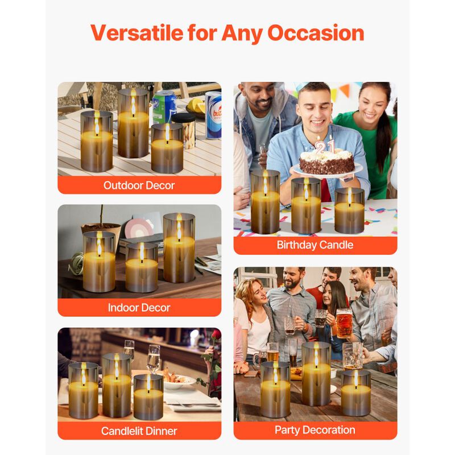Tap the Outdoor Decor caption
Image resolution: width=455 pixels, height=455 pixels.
coord(139,185)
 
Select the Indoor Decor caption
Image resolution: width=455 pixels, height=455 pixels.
coord(139,308)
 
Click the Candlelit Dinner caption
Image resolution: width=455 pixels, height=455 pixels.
coord(139,431)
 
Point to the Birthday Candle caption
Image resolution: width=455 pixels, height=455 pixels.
coord(315,245)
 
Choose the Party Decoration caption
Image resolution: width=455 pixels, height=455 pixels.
coord(315,430)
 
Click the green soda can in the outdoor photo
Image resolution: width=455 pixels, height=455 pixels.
coord(164,106)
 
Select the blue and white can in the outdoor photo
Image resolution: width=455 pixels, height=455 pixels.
coord(213,114)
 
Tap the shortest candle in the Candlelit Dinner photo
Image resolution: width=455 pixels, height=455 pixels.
coord(148,396)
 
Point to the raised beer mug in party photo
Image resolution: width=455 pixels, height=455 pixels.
coord(344,323)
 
